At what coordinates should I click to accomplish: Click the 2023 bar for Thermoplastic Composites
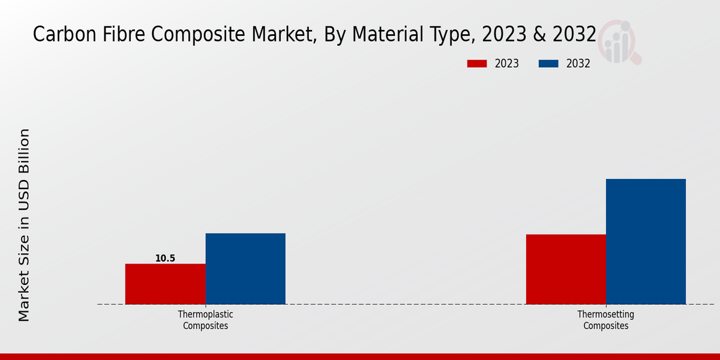[165, 284]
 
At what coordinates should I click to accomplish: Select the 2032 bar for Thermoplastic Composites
[245, 268]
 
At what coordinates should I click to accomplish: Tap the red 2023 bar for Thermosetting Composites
[566, 269]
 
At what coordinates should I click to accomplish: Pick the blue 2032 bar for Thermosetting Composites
[646, 241]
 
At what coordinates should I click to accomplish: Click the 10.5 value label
[165, 259]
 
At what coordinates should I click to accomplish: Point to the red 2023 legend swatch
[477, 64]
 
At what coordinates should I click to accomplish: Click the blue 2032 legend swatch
[548, 64]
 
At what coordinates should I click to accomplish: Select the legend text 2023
[506, 64]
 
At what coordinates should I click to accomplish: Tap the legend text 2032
[578, 64]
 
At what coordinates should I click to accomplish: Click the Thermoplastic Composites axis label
[206, 320]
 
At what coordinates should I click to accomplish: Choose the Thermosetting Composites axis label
[605, 320]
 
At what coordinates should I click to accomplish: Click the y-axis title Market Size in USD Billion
[24, 225]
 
